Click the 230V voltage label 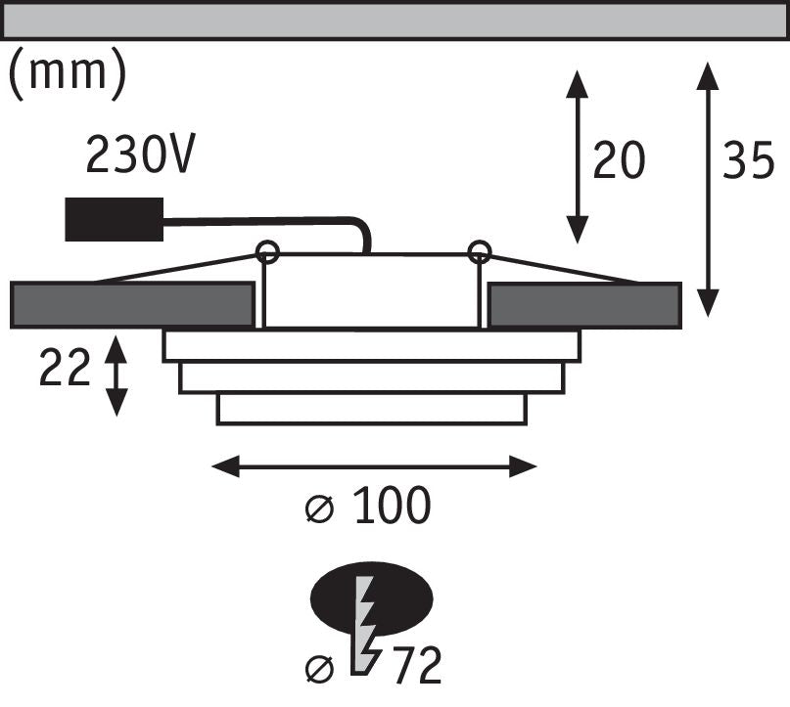point(140,155)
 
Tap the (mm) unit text point(67,74)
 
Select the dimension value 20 point(619,159)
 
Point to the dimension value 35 point(748,159)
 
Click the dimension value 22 point(65,368)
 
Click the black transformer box point(115,219)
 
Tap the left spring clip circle point(267,251)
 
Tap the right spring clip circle point(479,251)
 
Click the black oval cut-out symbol point(372,598)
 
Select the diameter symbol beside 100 point(320,509)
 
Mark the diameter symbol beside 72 point(320,669)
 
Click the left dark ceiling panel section point(132,305)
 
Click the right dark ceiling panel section point(585,305)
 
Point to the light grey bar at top point(395,21)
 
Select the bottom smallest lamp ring point(372,409)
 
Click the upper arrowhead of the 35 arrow point(708,75)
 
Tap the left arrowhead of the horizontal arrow point(225,466)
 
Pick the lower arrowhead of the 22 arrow point(116,403)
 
